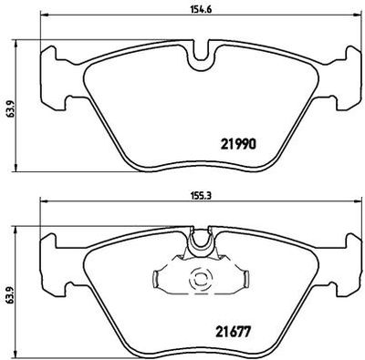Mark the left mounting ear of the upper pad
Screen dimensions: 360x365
pyautogui.click(x=57, y=72)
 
